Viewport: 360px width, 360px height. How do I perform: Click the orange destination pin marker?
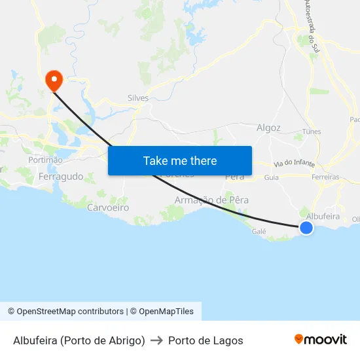coord(53,81)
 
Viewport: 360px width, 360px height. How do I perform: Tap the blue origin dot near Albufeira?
coord(306,227)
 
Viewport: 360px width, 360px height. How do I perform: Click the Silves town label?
coord(138,98)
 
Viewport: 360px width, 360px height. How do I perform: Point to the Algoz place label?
coord(269,128)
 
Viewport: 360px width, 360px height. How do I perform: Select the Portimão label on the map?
coord(45,160)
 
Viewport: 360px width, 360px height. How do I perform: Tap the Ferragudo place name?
coord(61,177)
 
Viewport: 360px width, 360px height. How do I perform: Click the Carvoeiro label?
coord(108,207)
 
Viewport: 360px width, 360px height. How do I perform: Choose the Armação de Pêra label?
coord(211,200)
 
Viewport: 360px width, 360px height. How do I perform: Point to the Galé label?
coord(259,231)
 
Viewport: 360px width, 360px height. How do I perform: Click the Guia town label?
coord(271,177)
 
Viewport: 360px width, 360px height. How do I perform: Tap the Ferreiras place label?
coord(325,177)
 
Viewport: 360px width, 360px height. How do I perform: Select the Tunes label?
coord(312,132)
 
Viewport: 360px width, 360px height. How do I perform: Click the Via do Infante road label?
coord(295,163)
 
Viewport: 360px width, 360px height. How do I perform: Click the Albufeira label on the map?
coord(323,215)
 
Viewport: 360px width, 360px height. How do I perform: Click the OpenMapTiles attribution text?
coord(166,312)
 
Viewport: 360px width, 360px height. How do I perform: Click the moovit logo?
coord(321,340)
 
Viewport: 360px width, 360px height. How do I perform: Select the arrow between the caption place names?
coord(156,340)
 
